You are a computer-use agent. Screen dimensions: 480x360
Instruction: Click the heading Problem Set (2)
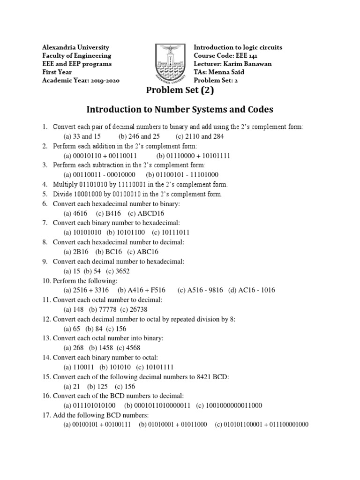tap(180, 90)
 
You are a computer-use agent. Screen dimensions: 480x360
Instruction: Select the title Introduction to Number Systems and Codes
tap(180, 110)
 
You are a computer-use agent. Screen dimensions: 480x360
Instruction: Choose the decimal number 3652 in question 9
tap(122, 271)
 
